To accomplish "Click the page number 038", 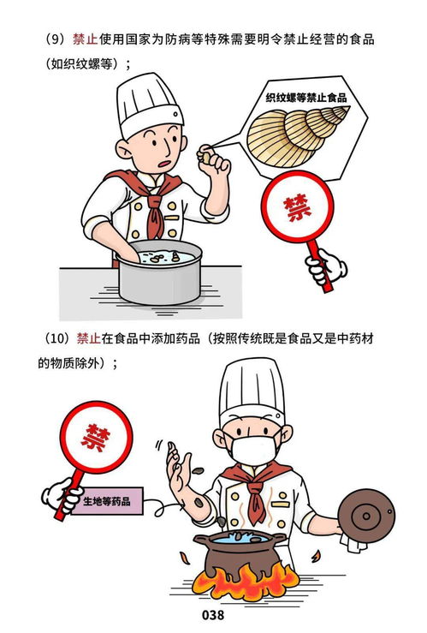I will [213, 616].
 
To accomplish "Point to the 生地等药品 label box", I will [107, 500].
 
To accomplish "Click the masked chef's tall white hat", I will [252, 390].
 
